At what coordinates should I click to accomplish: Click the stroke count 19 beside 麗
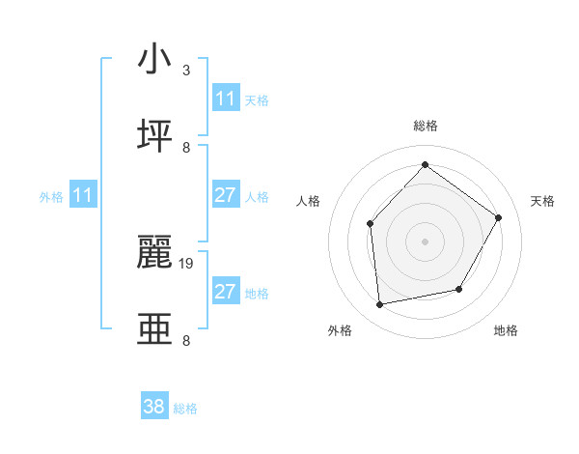tap(187, 262)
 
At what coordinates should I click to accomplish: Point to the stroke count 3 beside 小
tap(186, 71)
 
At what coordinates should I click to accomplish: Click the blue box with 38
tap(153, 407)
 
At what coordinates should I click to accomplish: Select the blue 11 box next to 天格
tap(225, 99)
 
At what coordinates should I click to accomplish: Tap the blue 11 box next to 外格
tap(83, 195)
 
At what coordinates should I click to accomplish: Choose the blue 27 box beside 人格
tap(225, 195)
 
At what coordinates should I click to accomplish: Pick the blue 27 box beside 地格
tap(225, 292)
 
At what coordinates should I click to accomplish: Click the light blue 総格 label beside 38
tap(185, 409)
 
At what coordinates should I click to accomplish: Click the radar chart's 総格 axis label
tap(426, 126)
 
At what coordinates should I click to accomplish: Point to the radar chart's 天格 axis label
tap(542, 201)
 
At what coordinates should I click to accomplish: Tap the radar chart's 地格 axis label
tap(506, 330)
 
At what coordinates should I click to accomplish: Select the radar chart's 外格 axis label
tap(340, 330)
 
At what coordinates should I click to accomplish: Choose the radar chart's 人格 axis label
tap(309, 201)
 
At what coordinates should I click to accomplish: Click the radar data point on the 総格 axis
tap(425, 164)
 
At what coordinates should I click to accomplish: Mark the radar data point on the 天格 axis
tap(498, 217)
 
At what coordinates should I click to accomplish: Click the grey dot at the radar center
tap(425, 241)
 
